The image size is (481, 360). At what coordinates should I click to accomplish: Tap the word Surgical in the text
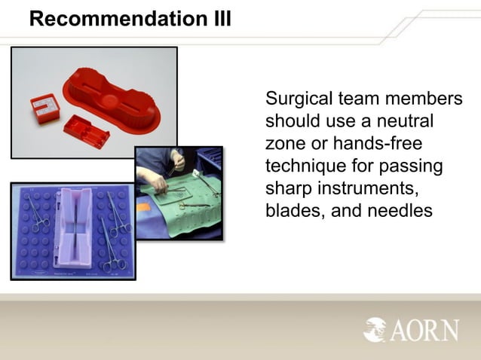coord(296,99)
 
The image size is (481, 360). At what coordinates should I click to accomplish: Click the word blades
coord(294,210)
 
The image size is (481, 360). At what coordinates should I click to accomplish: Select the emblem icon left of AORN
coord(375,329)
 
